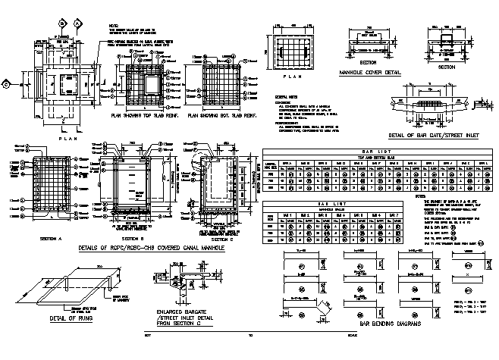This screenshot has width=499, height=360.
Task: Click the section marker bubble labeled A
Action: pos(78,23)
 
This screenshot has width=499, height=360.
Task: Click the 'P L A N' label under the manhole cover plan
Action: pos(292,77)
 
